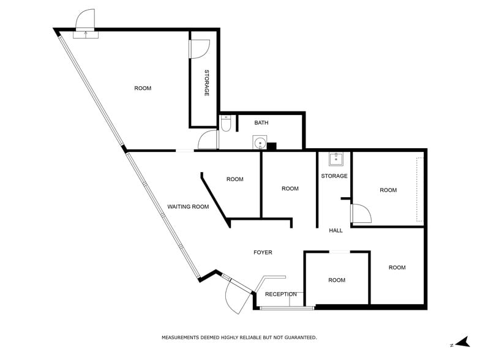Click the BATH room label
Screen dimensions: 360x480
[261, 123]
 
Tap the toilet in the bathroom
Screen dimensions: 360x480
[225, 124]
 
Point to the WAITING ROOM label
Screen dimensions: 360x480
[188, 207]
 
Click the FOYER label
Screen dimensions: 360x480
[263, 252]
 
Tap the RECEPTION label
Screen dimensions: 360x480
[281, 294]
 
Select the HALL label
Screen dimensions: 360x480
[336, 231]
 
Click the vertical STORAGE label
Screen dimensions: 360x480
[207, 83]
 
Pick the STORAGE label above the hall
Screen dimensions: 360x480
[334, 176]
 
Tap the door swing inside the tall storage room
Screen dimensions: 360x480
[200, 48]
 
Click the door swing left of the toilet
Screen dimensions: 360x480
[208, 140]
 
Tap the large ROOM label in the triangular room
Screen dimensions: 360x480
[143, 89]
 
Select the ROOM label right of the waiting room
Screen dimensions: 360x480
[234, 179]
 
